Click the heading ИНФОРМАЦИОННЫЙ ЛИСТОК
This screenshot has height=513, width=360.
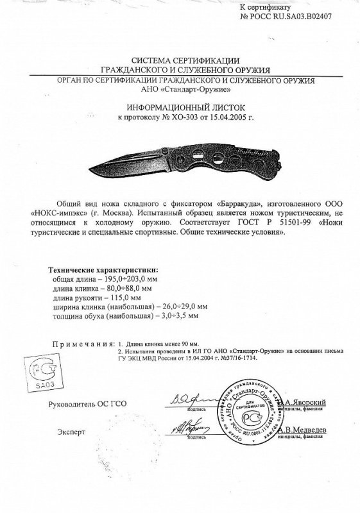(180, 108)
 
